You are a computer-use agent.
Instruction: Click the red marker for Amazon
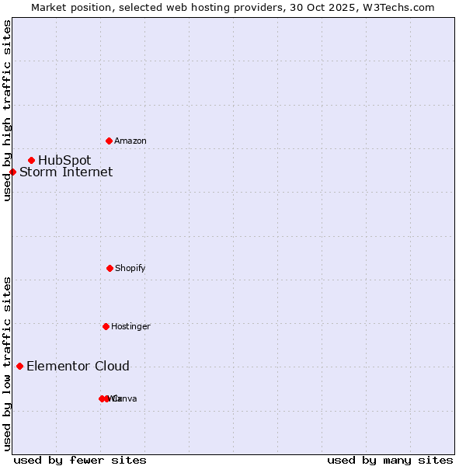coord(109,141)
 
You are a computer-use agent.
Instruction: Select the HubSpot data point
coord(31,160)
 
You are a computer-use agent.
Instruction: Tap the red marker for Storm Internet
coord(12,172)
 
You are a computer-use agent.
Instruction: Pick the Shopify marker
coord(110,268)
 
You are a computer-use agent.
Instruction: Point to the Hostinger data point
coord(106,326)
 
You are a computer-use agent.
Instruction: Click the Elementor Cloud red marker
coord(19,366)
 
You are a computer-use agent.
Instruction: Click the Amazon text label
coord(130,141)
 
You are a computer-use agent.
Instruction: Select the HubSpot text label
coord(64,160)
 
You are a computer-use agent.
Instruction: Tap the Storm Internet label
coord(66,172)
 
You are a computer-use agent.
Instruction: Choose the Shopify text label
coord(130,268)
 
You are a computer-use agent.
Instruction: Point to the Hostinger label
coord(130,326)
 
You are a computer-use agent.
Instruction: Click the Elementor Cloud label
coord(78,366)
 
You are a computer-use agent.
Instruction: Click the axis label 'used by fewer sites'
coord(80,460)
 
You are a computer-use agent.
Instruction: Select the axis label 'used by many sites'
coord(390,460)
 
